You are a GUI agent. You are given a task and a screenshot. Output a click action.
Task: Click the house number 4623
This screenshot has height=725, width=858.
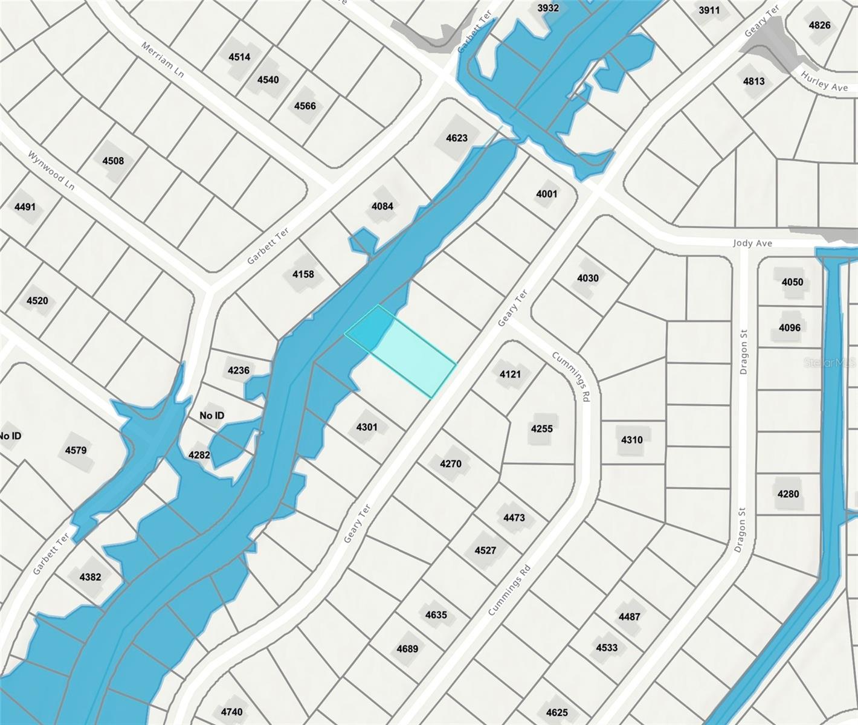tap(457, 138)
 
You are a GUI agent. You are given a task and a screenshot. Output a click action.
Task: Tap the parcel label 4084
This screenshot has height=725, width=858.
tap(382, 206)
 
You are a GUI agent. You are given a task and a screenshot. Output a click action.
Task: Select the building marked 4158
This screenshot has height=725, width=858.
tap(303, 274)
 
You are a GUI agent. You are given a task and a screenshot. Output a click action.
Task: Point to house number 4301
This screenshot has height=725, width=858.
tap(367, 427)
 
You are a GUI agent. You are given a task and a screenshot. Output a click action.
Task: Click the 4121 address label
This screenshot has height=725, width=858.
tap(510, 374)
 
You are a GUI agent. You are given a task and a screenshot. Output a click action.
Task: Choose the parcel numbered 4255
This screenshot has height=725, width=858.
tap(542, 428)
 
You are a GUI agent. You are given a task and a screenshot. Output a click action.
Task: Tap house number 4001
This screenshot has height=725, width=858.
tap(547, 194)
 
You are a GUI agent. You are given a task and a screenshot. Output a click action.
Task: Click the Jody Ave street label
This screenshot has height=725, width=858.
tap(752, 243)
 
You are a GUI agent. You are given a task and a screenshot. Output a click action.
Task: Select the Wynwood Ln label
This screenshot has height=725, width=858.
tap(51, 170)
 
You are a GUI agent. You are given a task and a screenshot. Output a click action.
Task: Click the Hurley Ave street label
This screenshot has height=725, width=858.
tap(824, 82)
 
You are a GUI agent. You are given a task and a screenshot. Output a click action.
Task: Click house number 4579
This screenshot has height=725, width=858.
tap(76, 450)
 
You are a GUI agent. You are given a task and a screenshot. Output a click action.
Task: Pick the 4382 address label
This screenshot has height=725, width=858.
tap(90, 576)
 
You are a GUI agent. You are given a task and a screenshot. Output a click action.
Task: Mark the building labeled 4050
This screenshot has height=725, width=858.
tap(792, 282)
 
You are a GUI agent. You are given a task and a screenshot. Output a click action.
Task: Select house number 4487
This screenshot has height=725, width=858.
tap(629, 616)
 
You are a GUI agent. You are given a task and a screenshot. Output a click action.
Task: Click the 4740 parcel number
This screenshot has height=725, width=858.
tap(231, 712)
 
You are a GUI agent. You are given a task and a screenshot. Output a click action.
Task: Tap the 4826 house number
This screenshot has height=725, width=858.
tap(819, 25)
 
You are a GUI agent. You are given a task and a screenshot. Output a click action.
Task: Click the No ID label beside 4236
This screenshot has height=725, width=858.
tap(211, 416)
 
